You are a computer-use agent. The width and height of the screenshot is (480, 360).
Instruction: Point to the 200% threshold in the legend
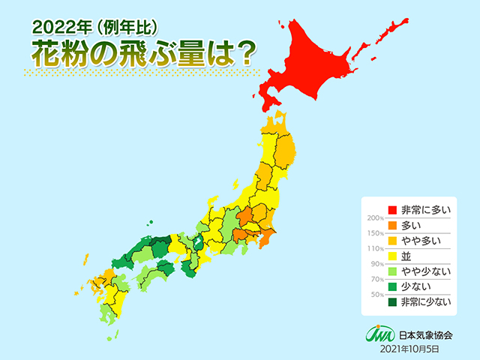click(x=373, y=217)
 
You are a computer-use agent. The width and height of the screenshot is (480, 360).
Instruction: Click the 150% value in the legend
click(x=373, y=233)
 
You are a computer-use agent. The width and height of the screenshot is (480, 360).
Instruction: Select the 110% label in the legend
click(x=373, y=248)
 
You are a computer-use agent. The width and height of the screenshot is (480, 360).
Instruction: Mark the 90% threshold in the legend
click(x=374, y=264)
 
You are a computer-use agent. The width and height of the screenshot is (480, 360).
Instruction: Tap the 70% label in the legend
click(x=374, y=280)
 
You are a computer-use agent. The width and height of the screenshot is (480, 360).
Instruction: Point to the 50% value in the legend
click(x=374, y=295)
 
